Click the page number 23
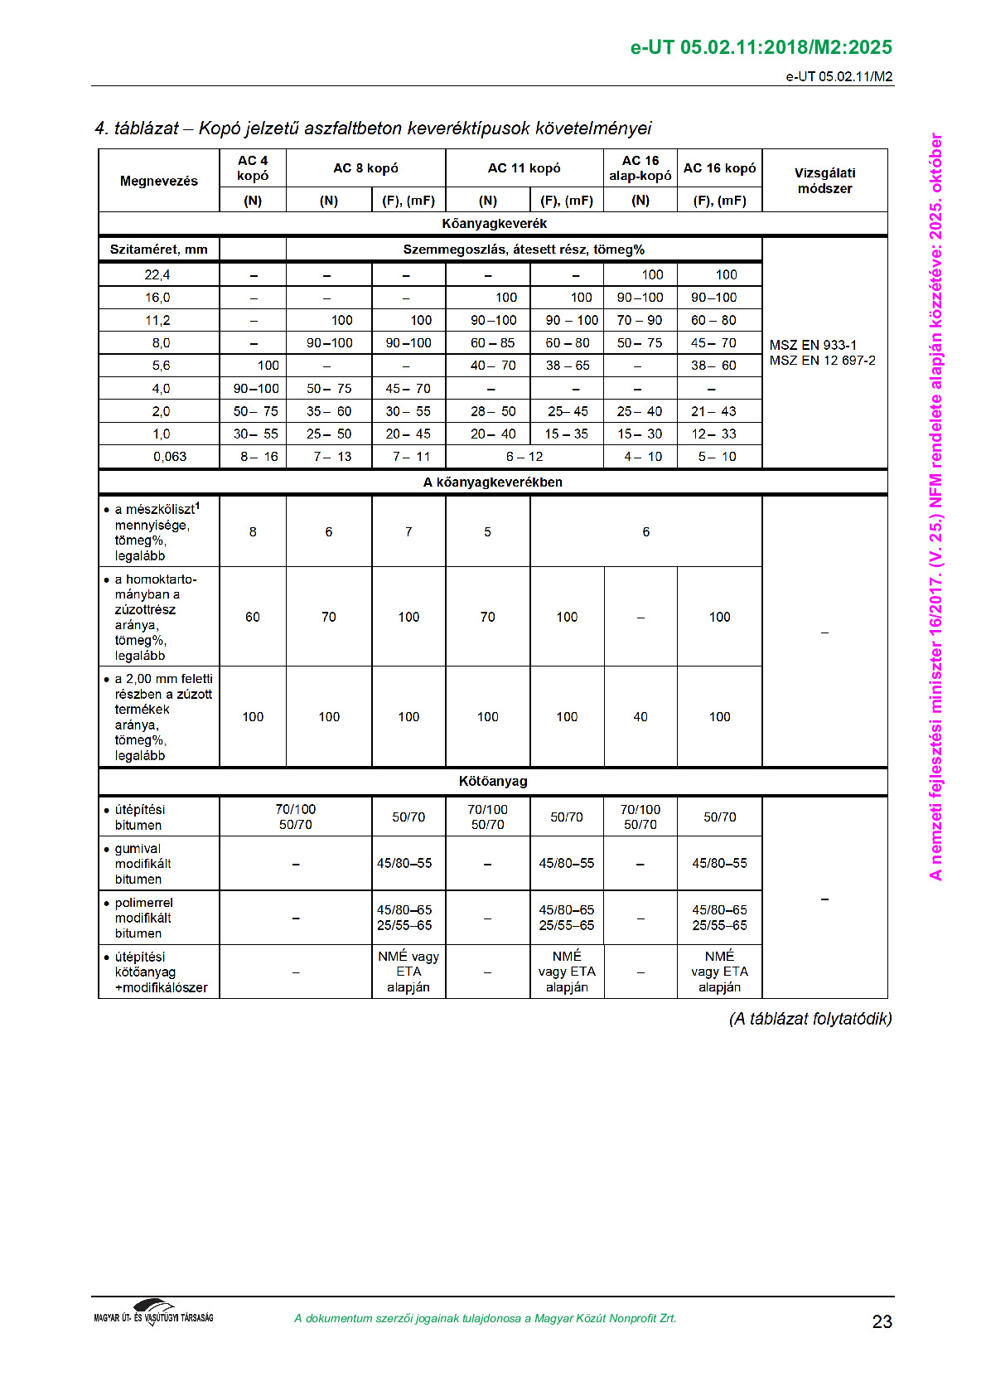tap(882, 1321)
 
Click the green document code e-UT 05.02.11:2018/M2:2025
tap(761, 47)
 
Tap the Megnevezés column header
tap(159, 181)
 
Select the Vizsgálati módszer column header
tap(824, 181)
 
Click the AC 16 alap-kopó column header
tap(640, 167)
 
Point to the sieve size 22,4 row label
tap(157, 274)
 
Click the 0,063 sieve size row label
tap(170, 457)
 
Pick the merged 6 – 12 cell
tap(524, 457)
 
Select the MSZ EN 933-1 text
tap(813, 345)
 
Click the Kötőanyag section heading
tap(493, 781)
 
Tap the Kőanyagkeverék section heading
tap(494, 224)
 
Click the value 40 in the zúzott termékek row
tap(640, 717)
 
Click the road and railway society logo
tap(154, 1313)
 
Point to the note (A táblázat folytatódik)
tap(810, 1019)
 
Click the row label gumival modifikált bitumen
tap(143, 864)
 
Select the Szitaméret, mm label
tap(159, 250)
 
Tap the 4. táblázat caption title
tap(373, 128)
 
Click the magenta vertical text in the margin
tap(936, 507)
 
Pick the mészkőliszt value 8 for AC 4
tap(253, 532)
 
